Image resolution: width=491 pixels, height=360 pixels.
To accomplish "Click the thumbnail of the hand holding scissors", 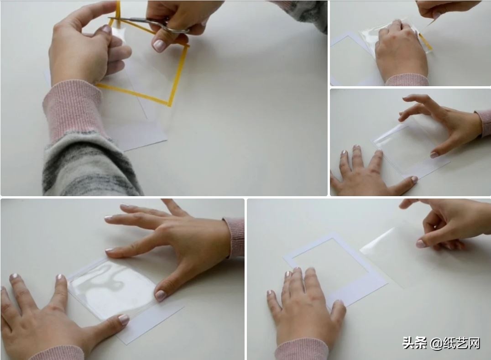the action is pos(159,45).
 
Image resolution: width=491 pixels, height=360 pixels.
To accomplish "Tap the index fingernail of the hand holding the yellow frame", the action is pos(107,30).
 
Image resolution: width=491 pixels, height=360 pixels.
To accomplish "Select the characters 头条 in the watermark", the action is pos(414,343).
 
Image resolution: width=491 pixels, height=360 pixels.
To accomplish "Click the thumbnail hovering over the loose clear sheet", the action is pos(421,244).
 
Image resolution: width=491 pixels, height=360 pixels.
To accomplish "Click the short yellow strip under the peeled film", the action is pos(426,43).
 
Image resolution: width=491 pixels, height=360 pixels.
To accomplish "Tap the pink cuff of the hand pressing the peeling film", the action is pos(407,80).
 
